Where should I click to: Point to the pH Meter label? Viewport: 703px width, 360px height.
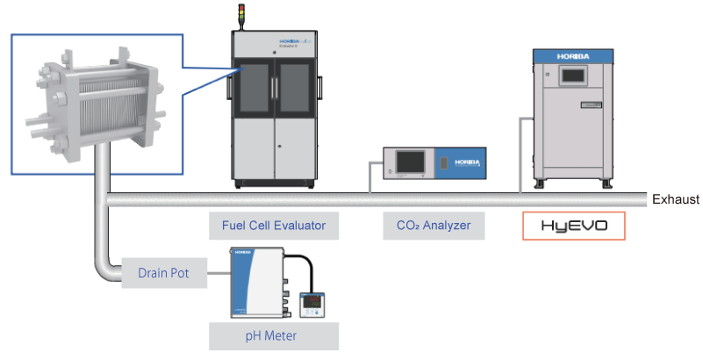273,335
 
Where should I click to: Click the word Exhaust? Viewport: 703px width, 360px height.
676,200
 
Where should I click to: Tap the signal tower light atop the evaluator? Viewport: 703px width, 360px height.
243,14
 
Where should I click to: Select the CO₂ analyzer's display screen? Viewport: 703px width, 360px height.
411,162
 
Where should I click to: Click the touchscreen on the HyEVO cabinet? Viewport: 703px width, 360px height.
574,77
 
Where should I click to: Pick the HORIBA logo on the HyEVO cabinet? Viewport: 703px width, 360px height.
574,56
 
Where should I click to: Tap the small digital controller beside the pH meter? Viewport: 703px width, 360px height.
311,304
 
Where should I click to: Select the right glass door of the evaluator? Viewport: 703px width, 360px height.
294,86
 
